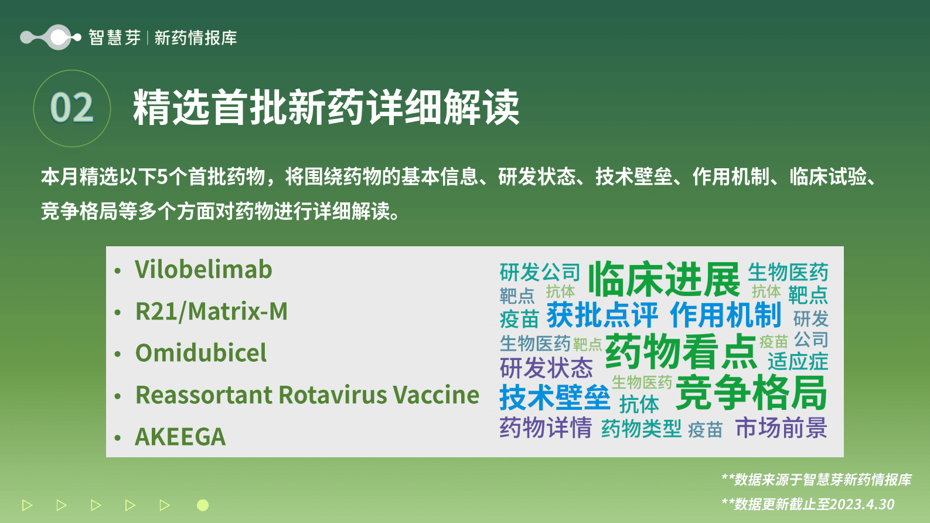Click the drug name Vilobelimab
click(203, 270)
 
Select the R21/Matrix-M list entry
click(212, 311)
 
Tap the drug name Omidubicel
click(201, 353)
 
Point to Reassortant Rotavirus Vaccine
click(307, 395)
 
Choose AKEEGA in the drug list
click(180, 437)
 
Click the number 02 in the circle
click(71, 108)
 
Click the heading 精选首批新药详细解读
click(326, 108)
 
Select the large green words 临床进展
click(664, 279)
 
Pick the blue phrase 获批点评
click(602, 315)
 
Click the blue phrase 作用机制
click(725, 315)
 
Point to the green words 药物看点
click(681, 351)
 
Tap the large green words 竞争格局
click(751, 393)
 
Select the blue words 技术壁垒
click(554, 398)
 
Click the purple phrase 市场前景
click(781, 428)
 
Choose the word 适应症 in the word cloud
click(798, 361)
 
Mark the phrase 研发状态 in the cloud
click(546, 368)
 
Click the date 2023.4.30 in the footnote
click(862, 504)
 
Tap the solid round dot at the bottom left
click(203, 505)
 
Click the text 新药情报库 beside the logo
click(196, 38)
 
